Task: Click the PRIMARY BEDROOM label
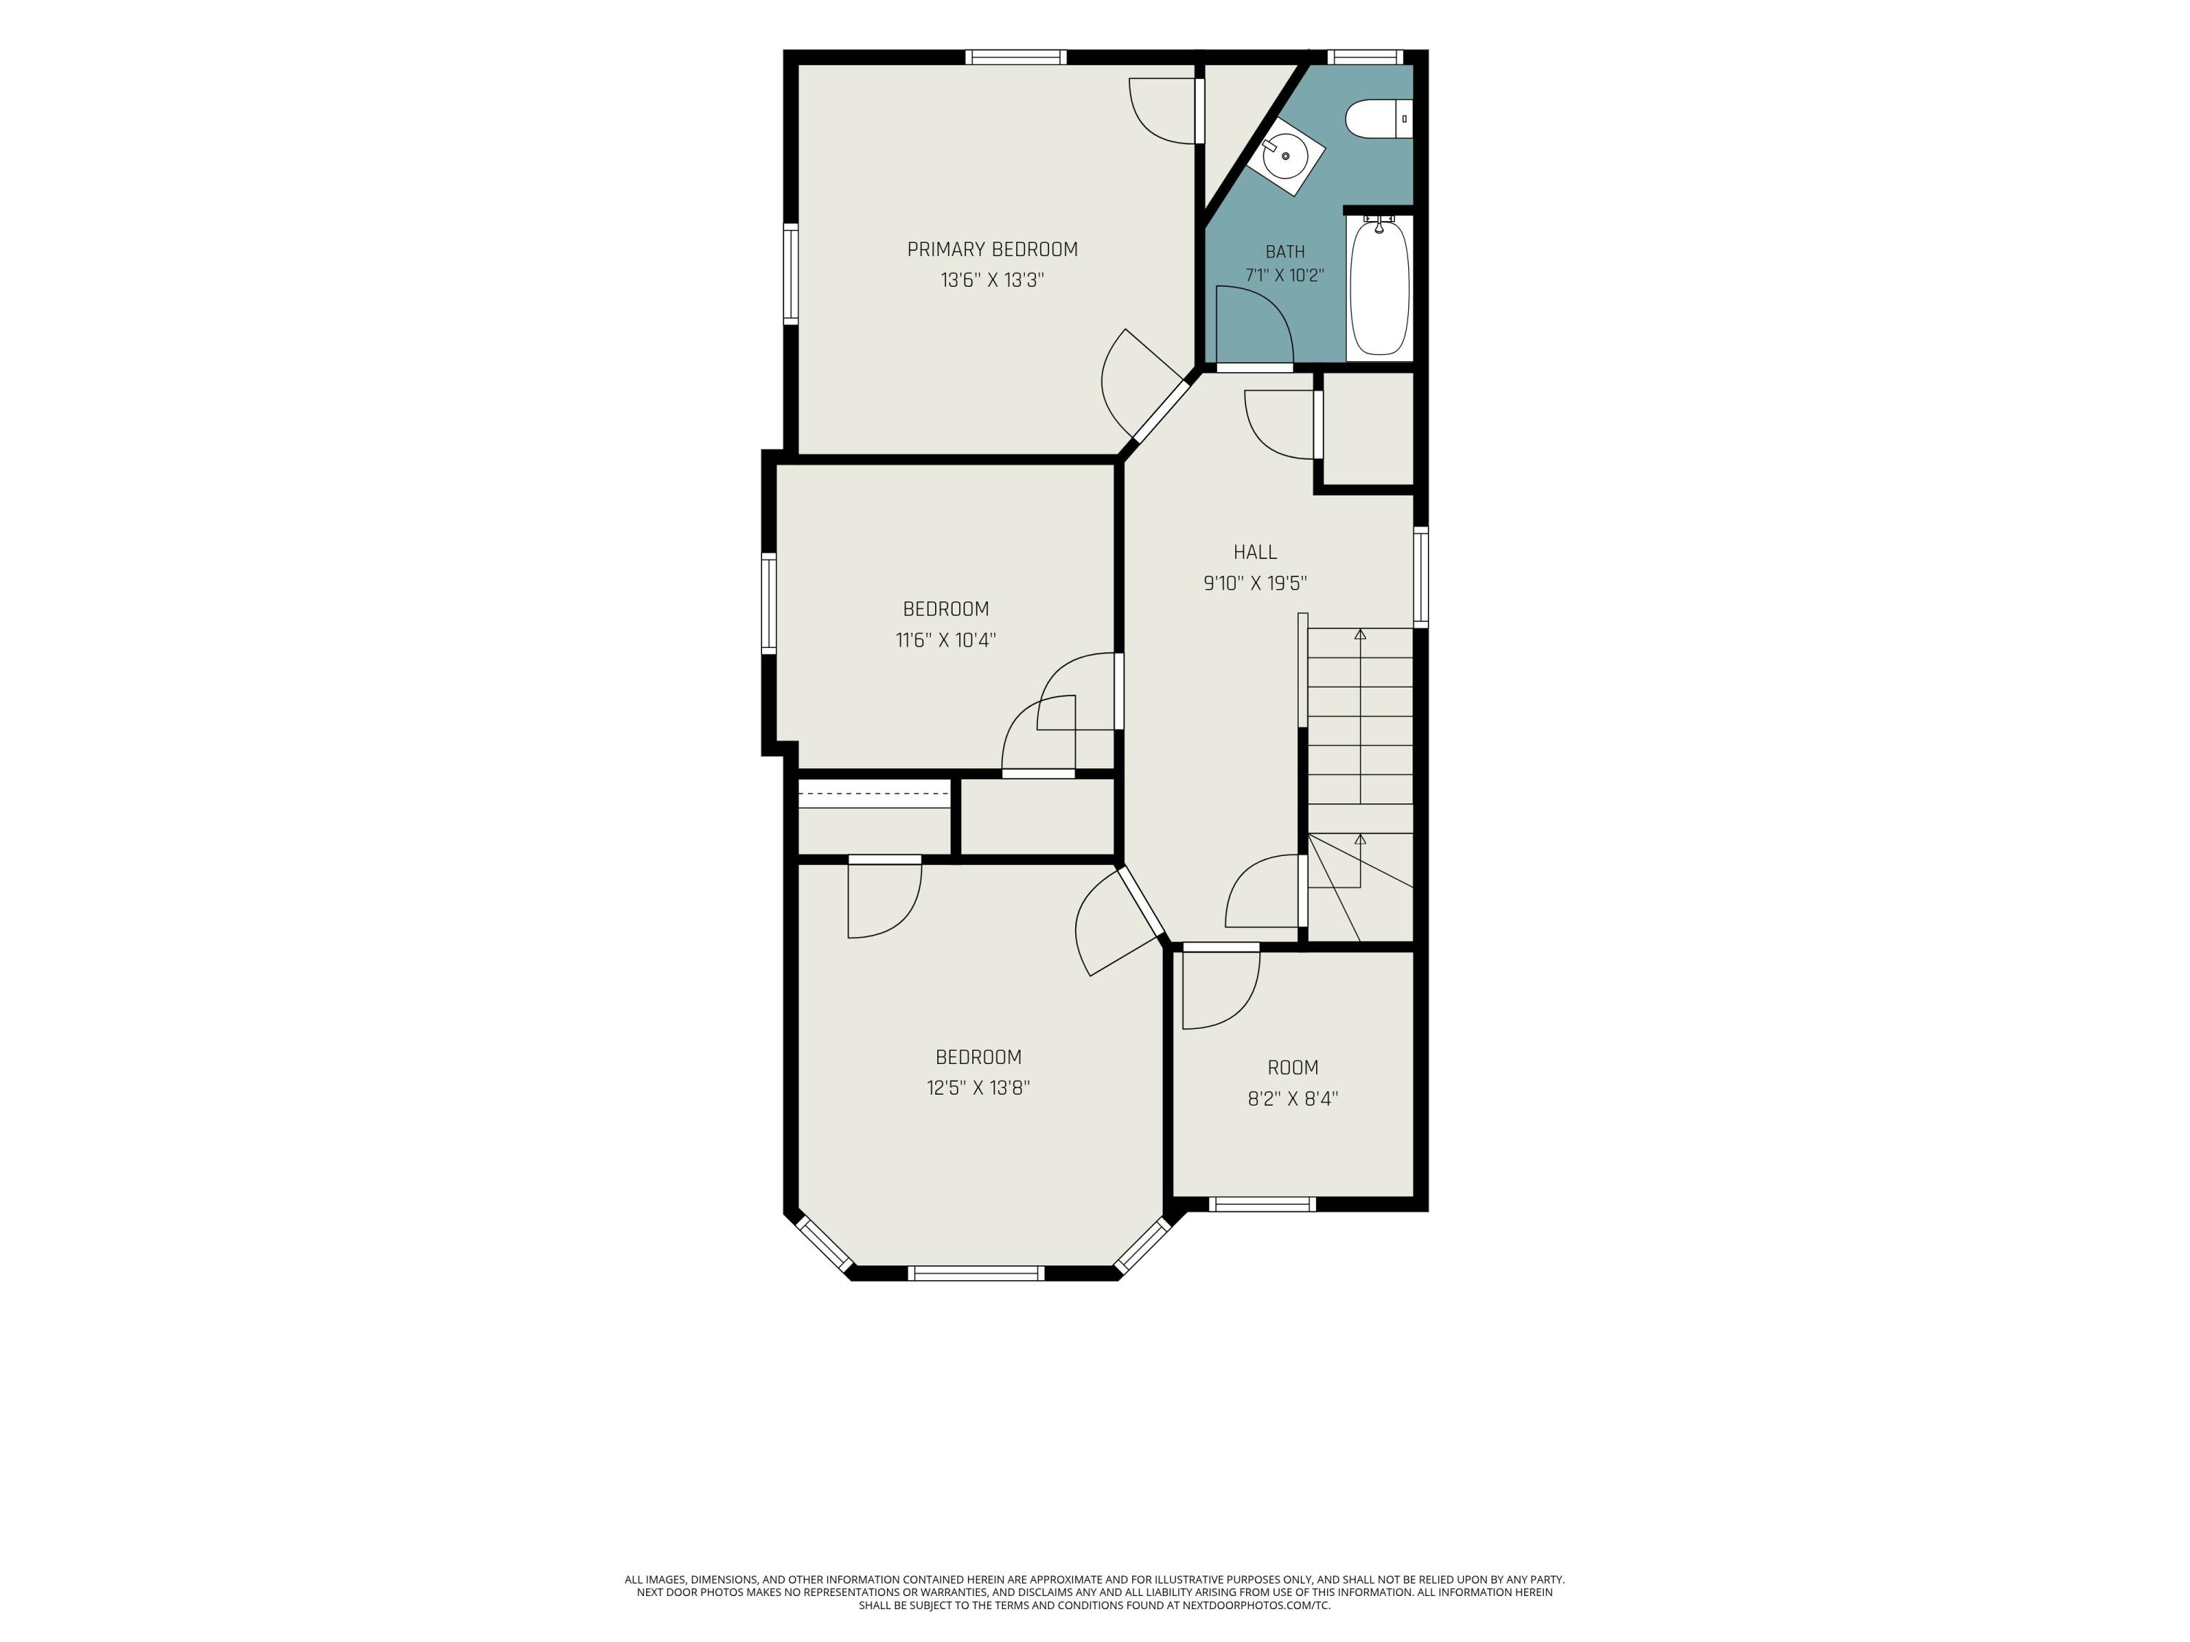coord(992,250)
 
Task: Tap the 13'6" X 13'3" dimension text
coord(992,280)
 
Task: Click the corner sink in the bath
coord(1285,156)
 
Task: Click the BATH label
coord(1285,251)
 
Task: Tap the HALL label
coord(1256,552)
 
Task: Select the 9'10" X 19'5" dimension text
coord(1256,583)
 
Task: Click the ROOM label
coord(1293,1067)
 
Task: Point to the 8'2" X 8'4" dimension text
coord(1293,1098)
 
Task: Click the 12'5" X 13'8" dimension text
coord(978,1088)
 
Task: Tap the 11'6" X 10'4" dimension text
coord(945,639)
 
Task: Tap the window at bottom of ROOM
coord(1262,1205)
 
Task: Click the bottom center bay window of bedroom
coord(976,1273)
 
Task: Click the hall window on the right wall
coord(1421,578)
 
